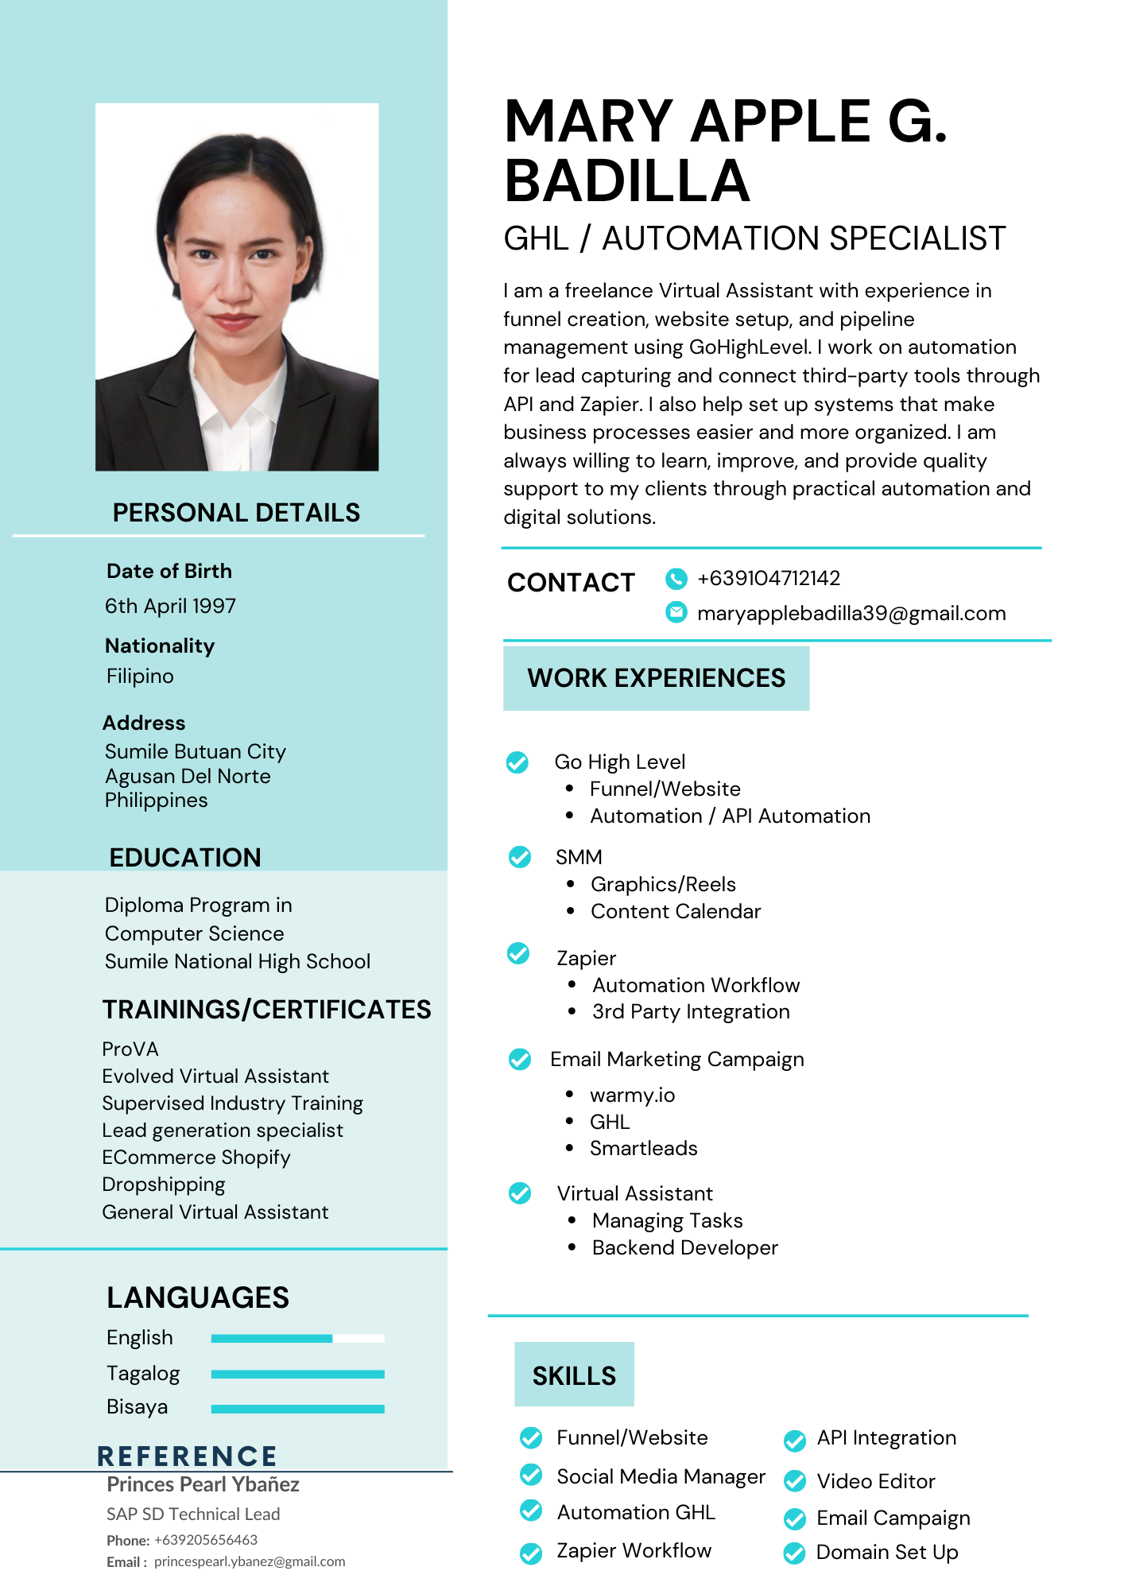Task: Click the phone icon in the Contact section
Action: coord(676,579)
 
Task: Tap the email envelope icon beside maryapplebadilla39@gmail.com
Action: coord(676,612)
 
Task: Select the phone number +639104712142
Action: coord(768,578)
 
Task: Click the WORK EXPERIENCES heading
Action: coord(656,678)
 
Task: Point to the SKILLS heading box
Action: coord(574,1375)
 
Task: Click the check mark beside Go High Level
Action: coord(517,762)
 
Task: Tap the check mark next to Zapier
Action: coord(518,953)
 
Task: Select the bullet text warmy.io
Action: coord(632,1096)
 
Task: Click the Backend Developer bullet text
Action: coord(684,1248)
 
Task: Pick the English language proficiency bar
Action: coord(297,1339)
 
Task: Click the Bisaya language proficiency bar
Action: coord(297,1409)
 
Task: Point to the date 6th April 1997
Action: coord(171,607)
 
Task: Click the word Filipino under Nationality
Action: coord(140,677)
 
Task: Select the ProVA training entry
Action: coord(130,1049)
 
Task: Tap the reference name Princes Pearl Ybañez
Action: coord(203,1484)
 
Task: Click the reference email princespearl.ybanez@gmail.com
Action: coord(250,1561)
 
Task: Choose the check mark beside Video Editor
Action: coord(794,1481)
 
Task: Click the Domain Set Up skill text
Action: coord(887,1553)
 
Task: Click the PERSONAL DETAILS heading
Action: coord(236,513)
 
